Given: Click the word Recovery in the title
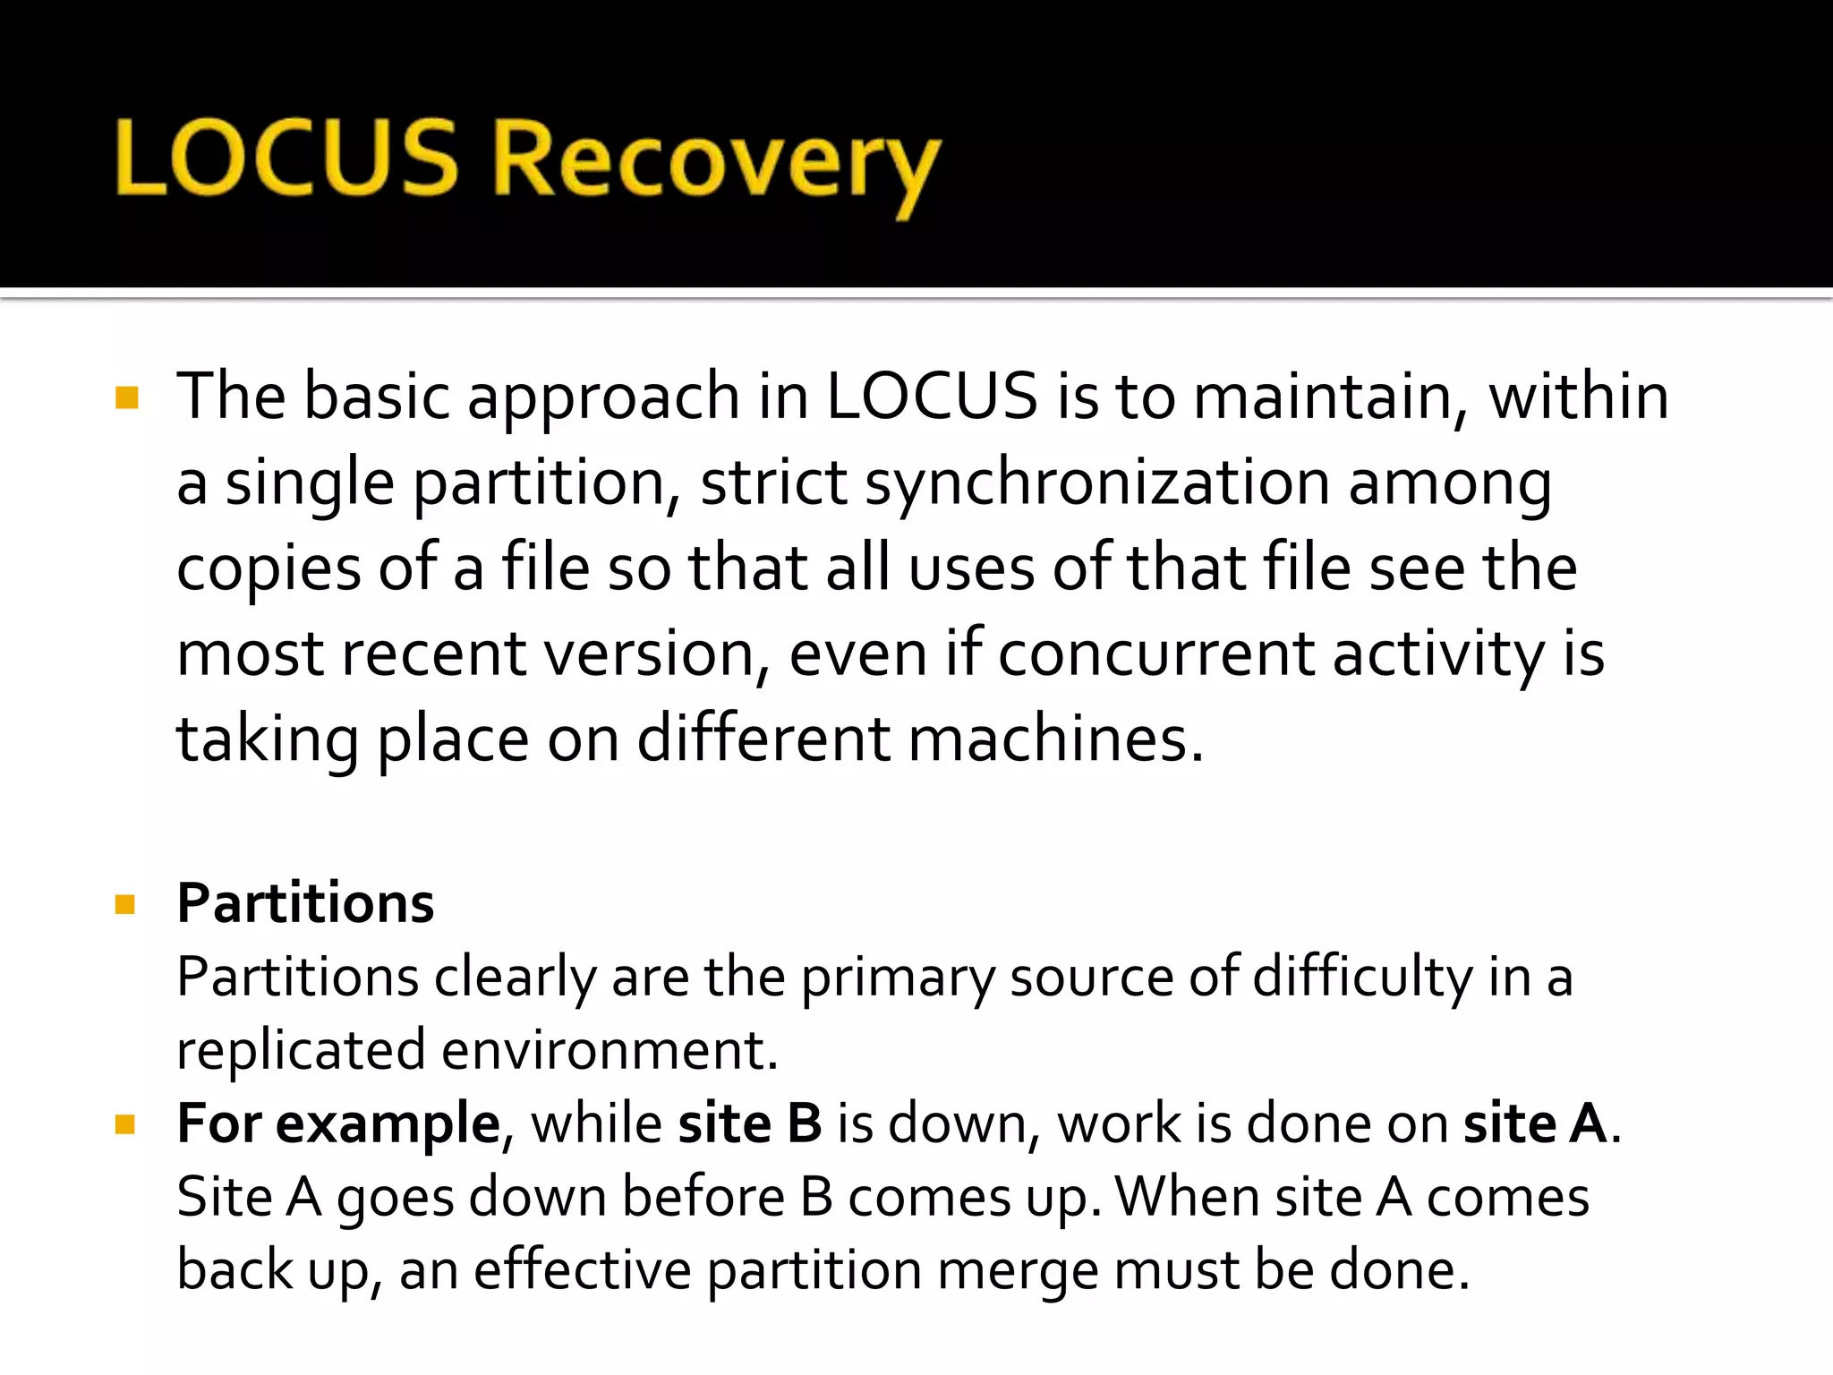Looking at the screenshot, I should tap(716, 161).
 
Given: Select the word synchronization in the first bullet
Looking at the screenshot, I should tap(1096, 483).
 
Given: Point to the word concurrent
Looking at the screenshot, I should tap(1155, 653).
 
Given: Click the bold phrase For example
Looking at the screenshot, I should tap(338, 1123).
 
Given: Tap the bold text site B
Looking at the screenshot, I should tap(750, 1123).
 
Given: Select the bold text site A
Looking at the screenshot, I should tap(1536, 1123).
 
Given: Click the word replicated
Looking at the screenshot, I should tap(301, 1050).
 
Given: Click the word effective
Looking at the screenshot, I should tap(582, 1270).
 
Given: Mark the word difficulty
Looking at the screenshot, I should tap(1362, 977).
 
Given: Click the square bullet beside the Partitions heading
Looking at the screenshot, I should tap(125, 904).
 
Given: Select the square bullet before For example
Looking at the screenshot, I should tap(125, 1124).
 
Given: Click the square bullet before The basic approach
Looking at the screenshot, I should tap(127, 397).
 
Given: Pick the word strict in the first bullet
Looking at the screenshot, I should tap(773, 483).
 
